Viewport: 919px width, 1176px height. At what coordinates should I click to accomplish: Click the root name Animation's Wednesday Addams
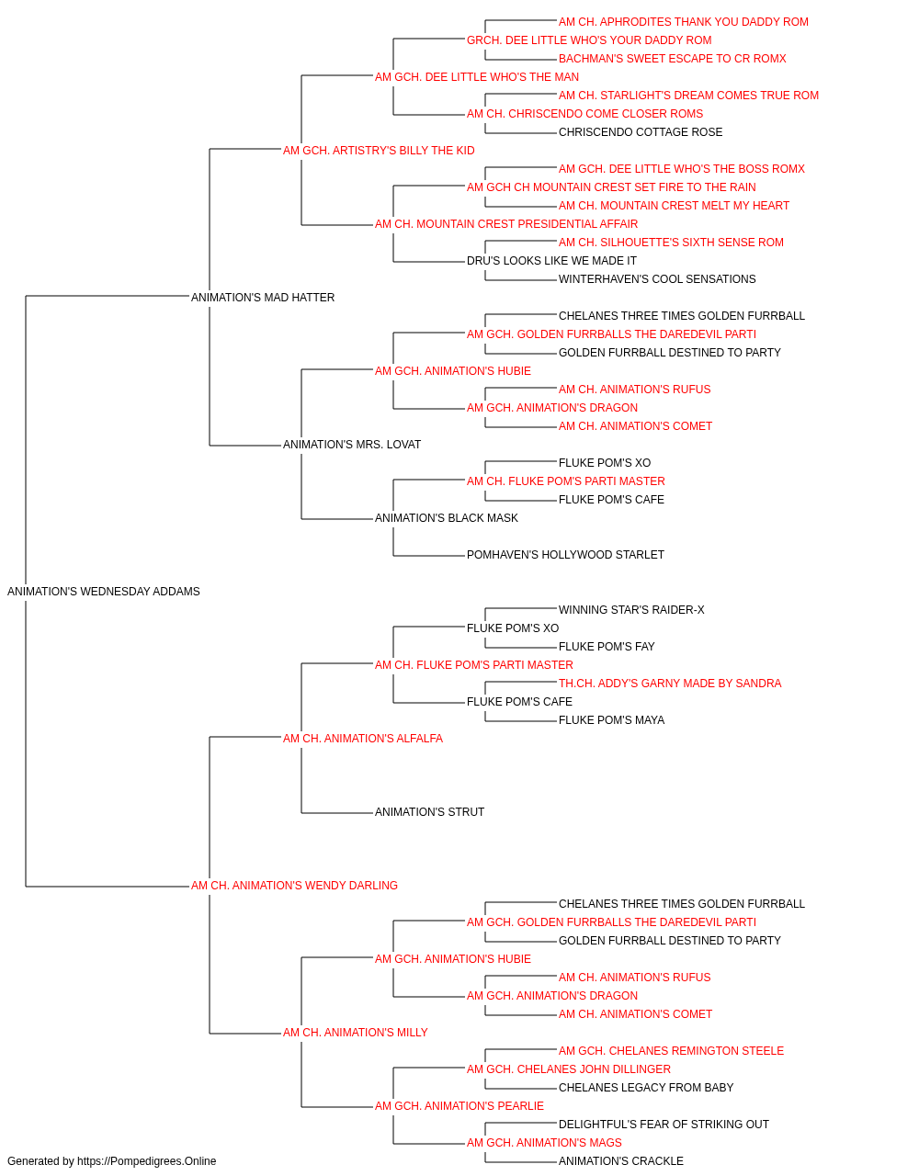[103, 592]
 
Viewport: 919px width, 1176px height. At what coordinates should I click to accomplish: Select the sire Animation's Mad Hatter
[263, 297]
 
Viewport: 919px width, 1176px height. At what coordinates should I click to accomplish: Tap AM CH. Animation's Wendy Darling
[294, 886]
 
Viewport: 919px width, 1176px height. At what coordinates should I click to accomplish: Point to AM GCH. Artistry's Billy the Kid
[379, 151]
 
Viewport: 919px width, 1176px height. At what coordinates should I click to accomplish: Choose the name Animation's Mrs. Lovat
[352, 445]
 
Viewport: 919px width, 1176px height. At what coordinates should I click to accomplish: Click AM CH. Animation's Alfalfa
[363, 738]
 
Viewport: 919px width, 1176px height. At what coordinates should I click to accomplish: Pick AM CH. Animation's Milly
[355, 1032]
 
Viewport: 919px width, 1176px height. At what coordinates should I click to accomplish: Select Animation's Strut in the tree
[429, 812]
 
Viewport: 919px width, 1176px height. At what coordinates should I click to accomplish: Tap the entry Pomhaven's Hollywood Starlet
[565, 555]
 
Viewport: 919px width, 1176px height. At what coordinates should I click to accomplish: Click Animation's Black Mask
[446, 518]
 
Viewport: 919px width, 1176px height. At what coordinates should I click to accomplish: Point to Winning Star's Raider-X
[631, 610]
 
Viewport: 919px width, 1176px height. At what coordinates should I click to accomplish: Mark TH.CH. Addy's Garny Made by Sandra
[670, 684]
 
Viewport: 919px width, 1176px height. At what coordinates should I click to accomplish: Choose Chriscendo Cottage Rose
[641, 132]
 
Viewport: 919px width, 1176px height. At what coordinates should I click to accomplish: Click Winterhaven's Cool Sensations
[657, 279]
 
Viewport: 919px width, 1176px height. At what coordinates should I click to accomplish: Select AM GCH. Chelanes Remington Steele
[671, 1050]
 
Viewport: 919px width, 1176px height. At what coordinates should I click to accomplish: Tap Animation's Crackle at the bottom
[621, 1161]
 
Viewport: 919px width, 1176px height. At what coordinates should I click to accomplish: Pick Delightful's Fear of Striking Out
[664, 1124]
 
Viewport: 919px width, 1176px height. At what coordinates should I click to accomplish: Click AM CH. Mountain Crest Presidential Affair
[506, 224]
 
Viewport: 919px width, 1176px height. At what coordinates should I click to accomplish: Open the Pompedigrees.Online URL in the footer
[146, 1161]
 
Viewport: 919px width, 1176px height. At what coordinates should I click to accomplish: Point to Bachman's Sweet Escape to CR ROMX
[672, 59]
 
